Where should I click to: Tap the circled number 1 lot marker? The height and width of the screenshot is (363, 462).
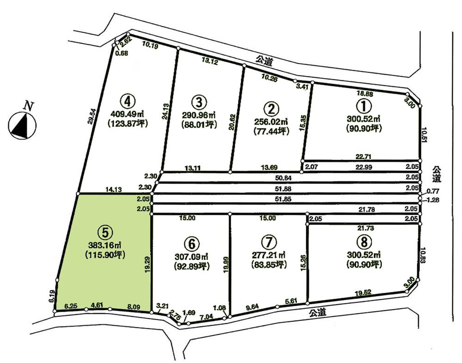click(365, 106)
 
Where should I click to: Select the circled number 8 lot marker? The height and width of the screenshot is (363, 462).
click(365, 242)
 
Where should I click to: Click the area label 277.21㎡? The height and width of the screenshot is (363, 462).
click(268, 255)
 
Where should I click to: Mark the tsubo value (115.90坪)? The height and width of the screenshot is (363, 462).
click(105, 254)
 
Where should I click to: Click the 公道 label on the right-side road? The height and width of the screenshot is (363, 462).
click(437, 175)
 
